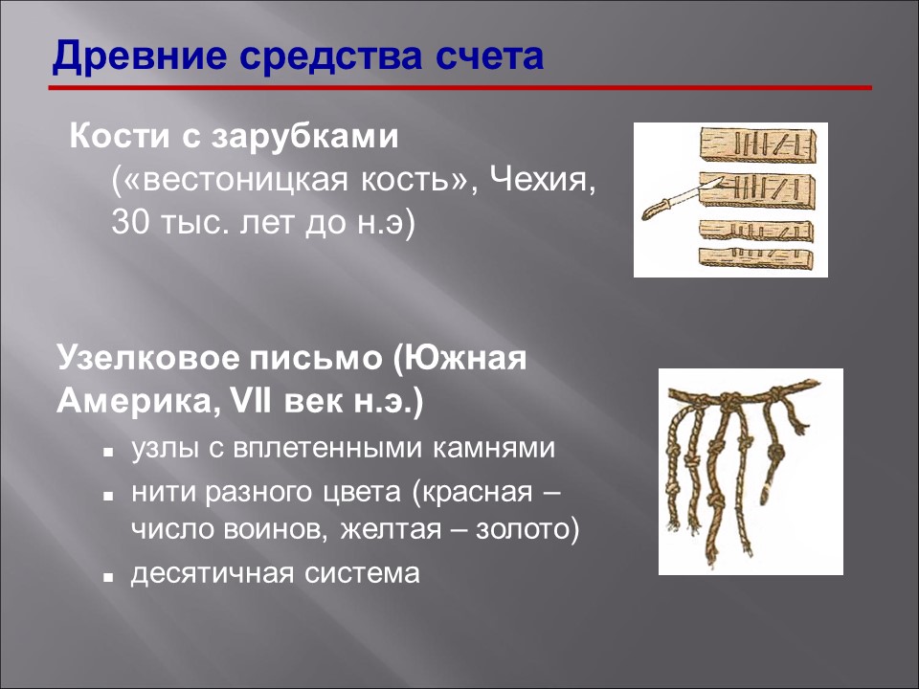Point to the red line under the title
460,88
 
